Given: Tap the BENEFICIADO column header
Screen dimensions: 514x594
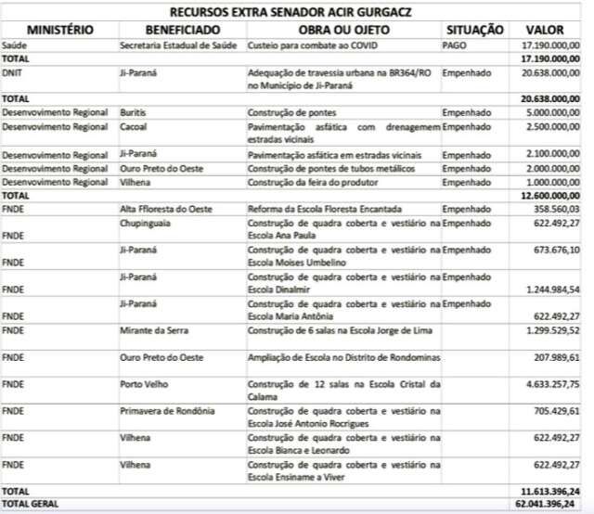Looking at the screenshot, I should coord(181,30).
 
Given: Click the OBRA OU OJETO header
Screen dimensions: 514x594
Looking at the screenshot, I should coord(342,30).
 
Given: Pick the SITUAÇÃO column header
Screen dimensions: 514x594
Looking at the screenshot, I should coord(474,30).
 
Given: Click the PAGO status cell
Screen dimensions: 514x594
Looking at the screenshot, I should coord(455,45).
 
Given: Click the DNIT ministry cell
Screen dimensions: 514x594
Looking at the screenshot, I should coord(13,71).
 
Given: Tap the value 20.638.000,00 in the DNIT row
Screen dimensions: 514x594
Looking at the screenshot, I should coord(550,71).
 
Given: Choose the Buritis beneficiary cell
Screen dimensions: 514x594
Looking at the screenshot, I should coord(133,111).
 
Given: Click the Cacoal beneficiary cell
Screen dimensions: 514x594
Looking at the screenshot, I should coord(133,125).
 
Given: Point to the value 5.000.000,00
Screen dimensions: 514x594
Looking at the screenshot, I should coord(553,111).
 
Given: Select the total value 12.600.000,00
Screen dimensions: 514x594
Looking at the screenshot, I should coord(550,196).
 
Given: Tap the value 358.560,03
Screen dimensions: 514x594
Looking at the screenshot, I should coord(557,210).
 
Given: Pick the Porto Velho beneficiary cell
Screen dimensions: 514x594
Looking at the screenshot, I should coord(140,382).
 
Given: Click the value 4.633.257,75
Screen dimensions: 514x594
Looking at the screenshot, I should coord(552,382).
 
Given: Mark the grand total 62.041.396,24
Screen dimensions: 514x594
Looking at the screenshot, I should coord(550,504).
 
